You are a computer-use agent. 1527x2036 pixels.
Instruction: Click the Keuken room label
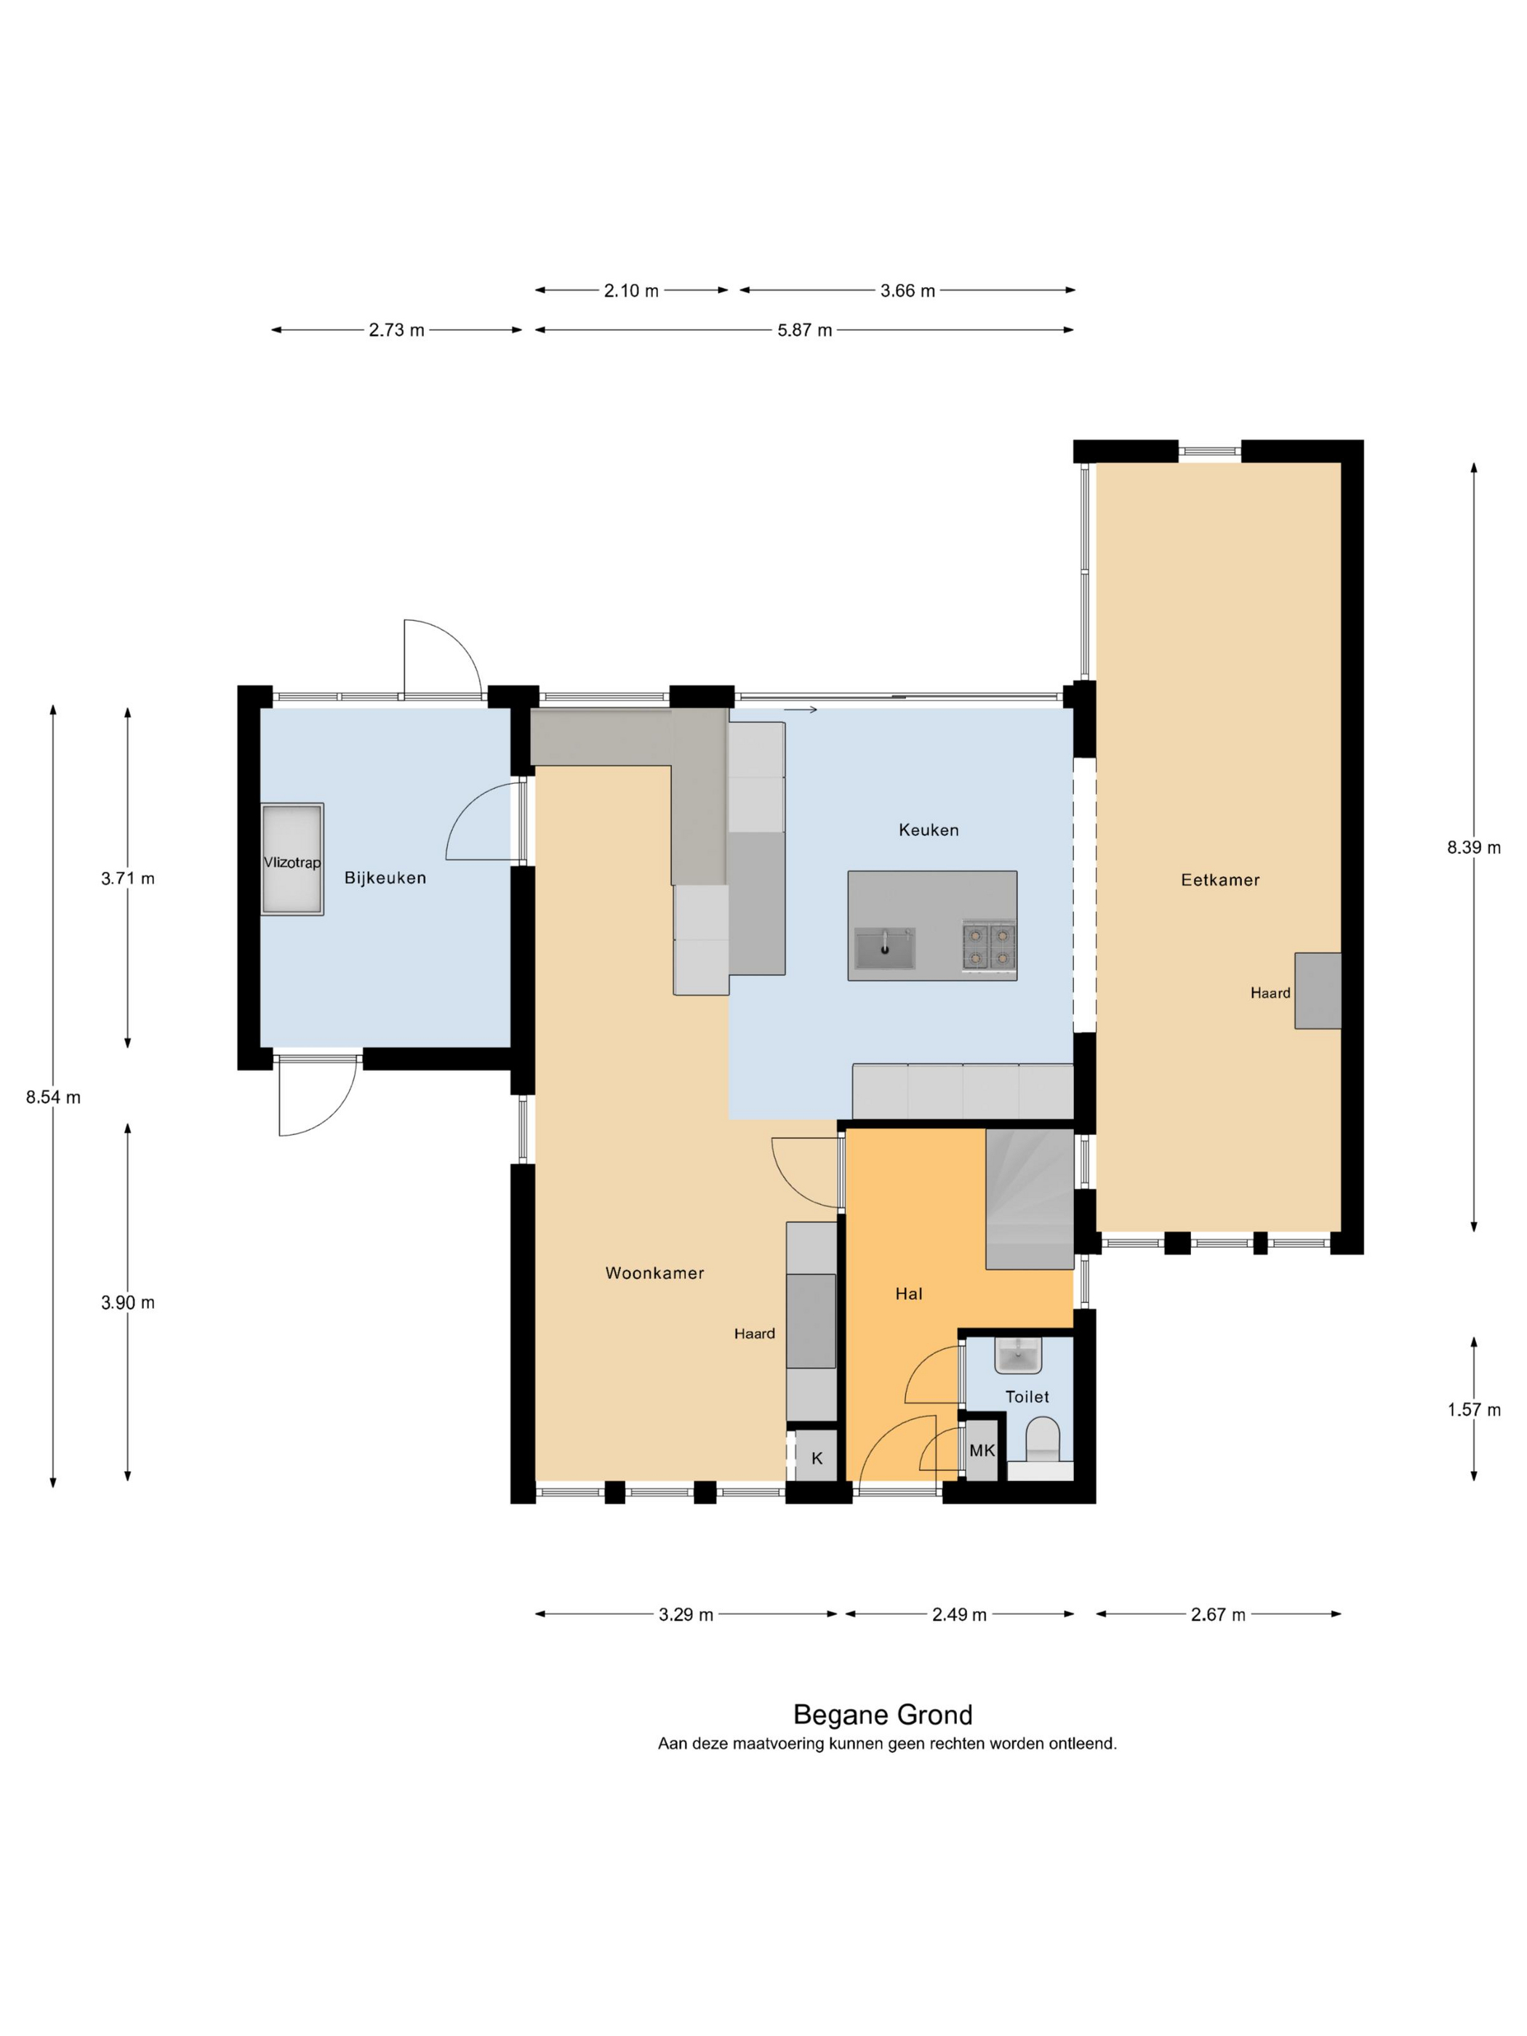928,830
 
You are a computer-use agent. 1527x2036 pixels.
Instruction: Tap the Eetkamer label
1219,879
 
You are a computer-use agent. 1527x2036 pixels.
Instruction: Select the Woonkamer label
654,1273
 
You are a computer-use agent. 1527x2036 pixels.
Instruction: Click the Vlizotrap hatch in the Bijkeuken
292,859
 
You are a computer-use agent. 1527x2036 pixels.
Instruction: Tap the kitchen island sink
884,948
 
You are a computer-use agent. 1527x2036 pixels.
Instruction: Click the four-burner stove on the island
990,946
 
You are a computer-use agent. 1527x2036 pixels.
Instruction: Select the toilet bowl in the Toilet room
1043,1438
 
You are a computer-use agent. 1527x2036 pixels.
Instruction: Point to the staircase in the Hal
1029,1198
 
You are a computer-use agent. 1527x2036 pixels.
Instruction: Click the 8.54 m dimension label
53,1097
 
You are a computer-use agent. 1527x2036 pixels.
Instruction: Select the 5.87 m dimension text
804,330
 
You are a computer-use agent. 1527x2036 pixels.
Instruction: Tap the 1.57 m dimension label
1474,1409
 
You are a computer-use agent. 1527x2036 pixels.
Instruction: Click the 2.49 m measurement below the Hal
959,1614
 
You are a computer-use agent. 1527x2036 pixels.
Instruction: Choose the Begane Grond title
883,1715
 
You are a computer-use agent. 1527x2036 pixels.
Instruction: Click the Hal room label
908,1293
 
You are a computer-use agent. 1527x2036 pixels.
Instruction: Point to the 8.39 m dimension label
1474,848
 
